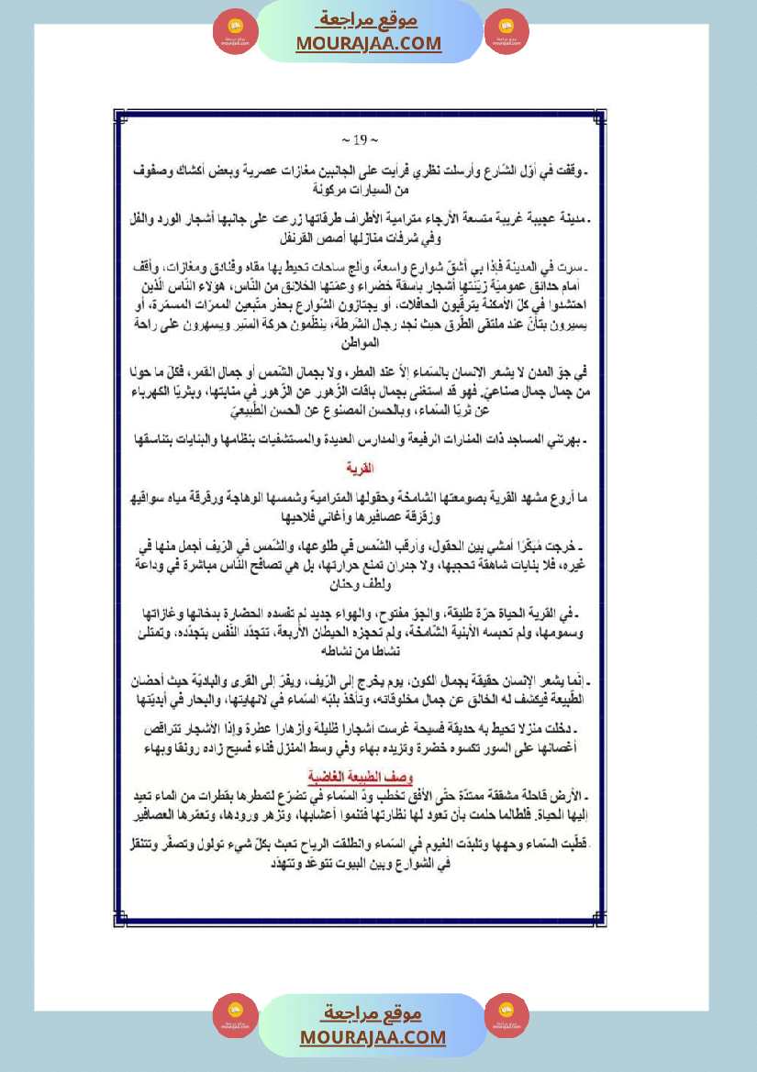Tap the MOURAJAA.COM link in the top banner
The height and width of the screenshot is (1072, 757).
(x=368, y=43)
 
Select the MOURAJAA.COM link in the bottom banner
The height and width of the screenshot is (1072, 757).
(x=372, y=1037)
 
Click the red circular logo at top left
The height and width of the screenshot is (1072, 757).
(x=235, y=32)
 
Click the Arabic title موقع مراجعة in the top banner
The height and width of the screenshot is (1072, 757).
(x=368, y=19)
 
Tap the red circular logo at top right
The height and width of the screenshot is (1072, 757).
(x=507, y=32)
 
